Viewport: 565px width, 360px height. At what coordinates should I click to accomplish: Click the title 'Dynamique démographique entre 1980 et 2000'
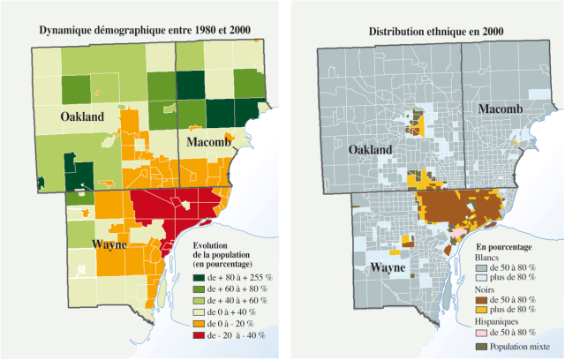click(145, 31)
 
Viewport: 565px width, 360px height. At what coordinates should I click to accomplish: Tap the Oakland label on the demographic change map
click(82, 116)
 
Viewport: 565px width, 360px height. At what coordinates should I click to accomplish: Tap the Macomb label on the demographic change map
click(208, 142)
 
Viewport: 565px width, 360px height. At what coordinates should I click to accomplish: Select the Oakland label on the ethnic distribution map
click(370, 150)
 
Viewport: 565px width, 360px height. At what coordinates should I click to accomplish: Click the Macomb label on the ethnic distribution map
click(500, 109)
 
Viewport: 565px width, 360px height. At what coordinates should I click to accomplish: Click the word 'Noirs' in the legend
click(487, 289)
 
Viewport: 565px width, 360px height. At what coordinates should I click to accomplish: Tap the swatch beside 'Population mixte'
click(483, 347)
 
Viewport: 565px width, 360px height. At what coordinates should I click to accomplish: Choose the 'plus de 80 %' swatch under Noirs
click(483, 311)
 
